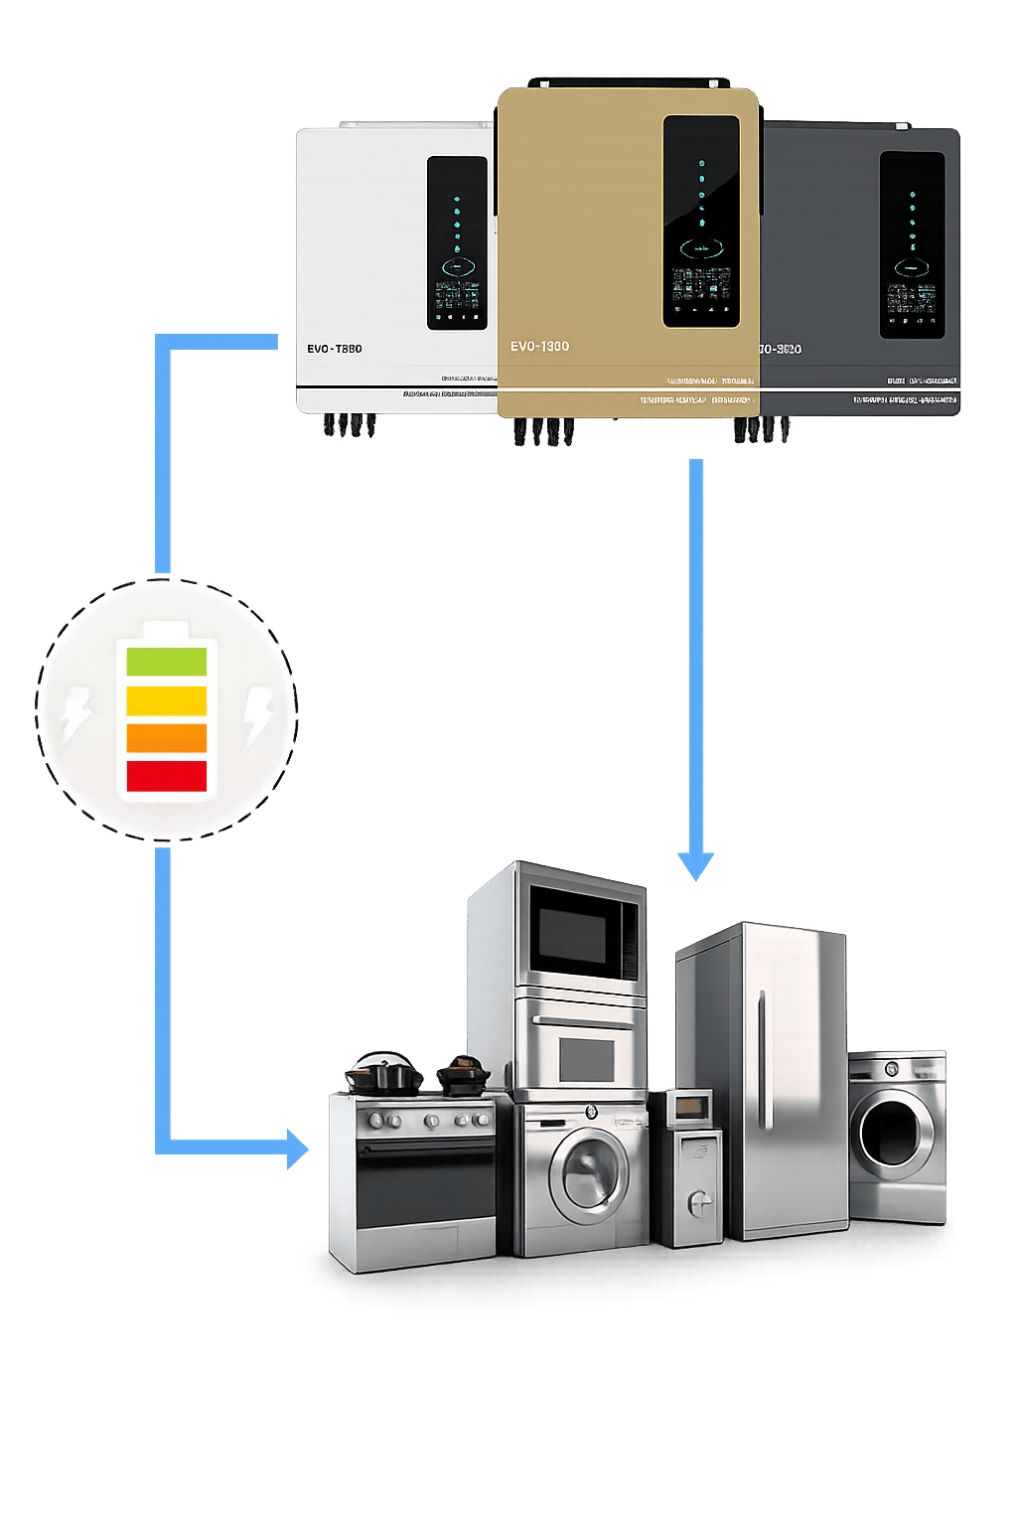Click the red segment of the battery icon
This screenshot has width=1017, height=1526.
pos(166,775)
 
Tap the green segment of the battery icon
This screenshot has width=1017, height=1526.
pos(166,661)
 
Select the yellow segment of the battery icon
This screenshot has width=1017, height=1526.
pos(166,700)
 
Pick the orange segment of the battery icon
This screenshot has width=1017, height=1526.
pos(166,738)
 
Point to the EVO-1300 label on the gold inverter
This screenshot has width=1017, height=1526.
pos(539,347)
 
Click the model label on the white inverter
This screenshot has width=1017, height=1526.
pos(334,349)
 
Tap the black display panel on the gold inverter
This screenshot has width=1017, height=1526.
pos(701,222)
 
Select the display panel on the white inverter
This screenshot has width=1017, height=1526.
pos(457,242)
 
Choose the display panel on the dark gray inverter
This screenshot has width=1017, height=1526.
pos(912,244)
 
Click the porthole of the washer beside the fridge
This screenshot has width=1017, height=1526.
pos(893,1133)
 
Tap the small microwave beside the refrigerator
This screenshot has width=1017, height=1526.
pos(689,1107)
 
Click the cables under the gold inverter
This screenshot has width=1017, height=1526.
pos(542,431)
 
